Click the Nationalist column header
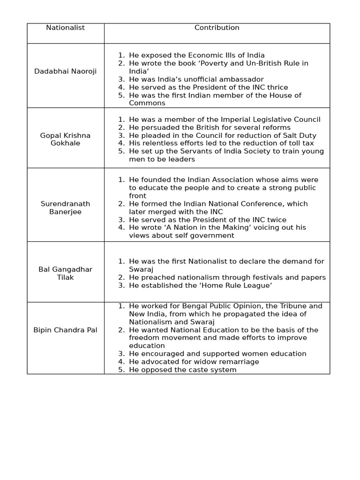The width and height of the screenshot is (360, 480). [65, 28]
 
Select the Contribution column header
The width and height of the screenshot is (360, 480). [217, 28]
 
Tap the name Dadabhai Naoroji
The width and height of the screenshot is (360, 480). [65, 71]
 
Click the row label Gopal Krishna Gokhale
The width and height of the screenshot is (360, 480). [65, 139]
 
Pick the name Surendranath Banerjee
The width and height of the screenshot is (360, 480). [65, 208]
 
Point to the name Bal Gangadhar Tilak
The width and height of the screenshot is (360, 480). [65, 273]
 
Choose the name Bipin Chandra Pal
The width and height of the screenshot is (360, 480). [65, 330]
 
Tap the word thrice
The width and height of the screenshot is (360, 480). [277, 87]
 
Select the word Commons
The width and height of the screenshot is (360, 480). [147, 103]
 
